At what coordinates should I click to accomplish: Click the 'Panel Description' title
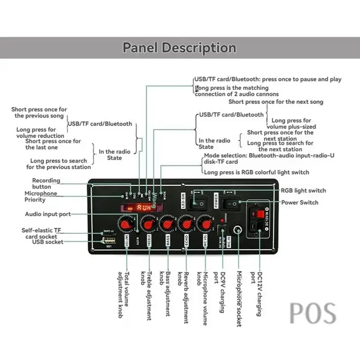pyautogui.click(x=179, y=48)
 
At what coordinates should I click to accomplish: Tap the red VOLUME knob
pyautogui.click(x=126, y=223)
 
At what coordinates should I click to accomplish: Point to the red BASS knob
pyautogui.click(x=167, y=224)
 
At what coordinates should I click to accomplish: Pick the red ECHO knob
pyautogui.click(x=186, y=223)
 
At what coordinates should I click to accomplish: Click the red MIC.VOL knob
pyautogui.click(x=206, y=223)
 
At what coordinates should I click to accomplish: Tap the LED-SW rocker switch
pyautogui.click(x=198, y=204)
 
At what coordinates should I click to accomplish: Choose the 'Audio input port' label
pyautogui.click(x=48, y=214)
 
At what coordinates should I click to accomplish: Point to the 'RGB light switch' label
pyautogui.click(x=303, y=190)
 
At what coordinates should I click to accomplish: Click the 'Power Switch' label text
pyautogui.click(x=300, y=202)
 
